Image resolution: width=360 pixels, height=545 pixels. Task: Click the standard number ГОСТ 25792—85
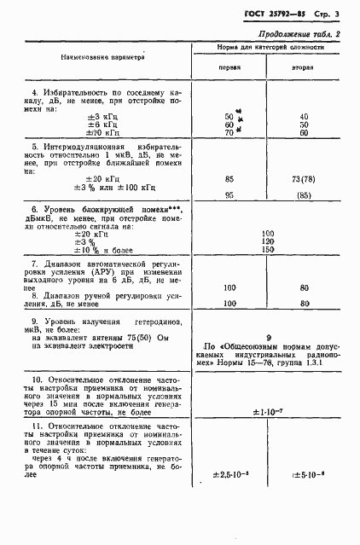pos(274,15)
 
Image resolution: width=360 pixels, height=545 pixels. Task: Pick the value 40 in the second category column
pos(304,117)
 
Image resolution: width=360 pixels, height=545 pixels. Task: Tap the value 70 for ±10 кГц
pos(229,133)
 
